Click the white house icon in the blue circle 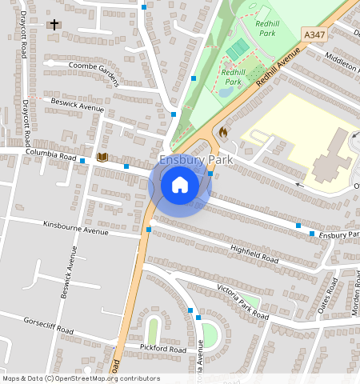pos(180,185)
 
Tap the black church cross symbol pos(54,25)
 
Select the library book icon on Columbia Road pos(102,158)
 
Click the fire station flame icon pos(222,130)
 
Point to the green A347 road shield pos(314,35)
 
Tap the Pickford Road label pos(163,350)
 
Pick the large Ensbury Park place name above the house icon pos(195,160)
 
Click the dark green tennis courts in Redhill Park pos(238,50)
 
